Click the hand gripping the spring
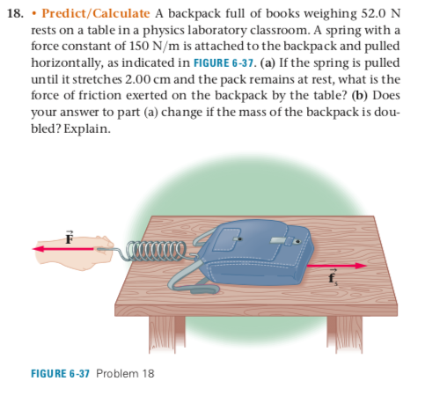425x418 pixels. pos(93,251)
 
